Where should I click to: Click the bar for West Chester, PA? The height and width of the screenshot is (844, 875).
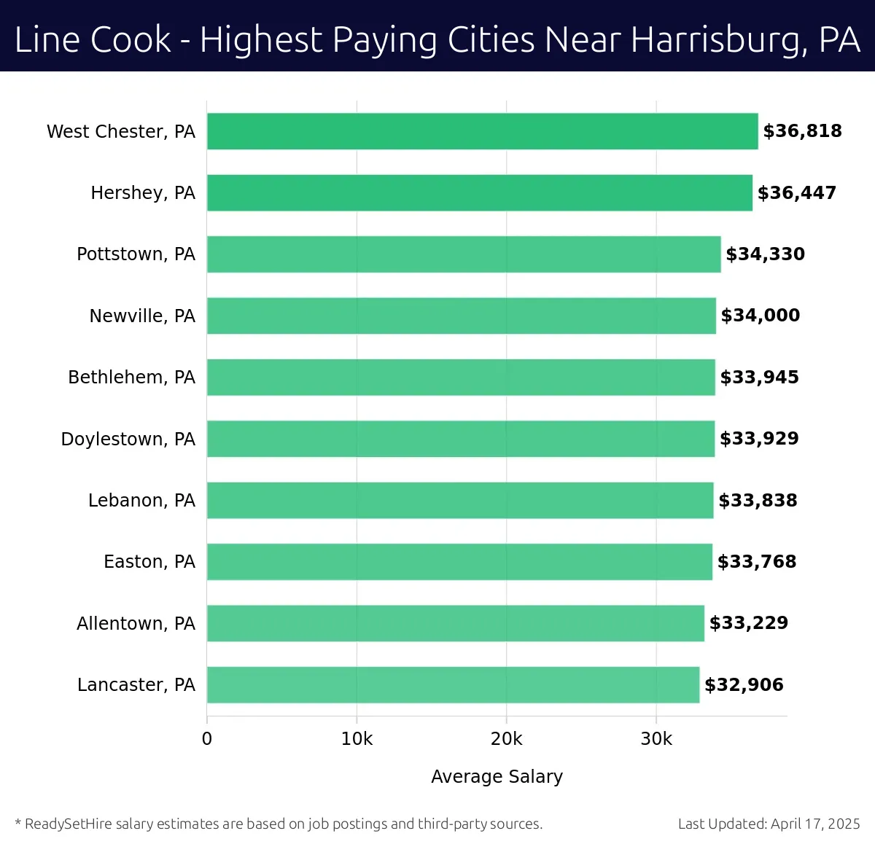point(482,131)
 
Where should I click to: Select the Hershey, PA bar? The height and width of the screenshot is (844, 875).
point(479,193)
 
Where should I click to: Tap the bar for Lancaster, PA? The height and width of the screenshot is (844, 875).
point(453,685)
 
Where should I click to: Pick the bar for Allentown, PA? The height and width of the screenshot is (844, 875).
point(455,623)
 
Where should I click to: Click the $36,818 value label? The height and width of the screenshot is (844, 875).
point(802,131)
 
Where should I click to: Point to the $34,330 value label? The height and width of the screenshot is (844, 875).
point(765,254)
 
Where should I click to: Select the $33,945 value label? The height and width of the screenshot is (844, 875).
point(759,378)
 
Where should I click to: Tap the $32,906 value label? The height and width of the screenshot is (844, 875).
point(744,685)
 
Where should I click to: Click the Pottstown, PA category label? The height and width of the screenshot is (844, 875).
point(136,254)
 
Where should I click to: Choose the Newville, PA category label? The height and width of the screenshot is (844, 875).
point(142,316)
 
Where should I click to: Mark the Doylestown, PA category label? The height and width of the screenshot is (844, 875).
point(128,439)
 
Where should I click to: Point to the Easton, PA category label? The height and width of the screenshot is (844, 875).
point(149,562)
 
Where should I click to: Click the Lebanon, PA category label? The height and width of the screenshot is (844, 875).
point(141,501)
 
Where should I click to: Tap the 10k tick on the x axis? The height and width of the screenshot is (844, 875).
point(357,739)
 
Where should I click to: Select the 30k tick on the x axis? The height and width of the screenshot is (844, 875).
point(656,739)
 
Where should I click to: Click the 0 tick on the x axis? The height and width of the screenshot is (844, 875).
point(207,739)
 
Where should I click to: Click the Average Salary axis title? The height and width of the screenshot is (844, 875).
point(497,777)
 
